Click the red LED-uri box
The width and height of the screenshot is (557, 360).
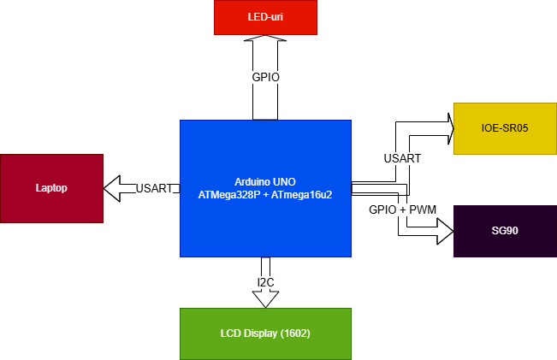(265, 17)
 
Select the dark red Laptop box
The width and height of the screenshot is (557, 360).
(51, 188)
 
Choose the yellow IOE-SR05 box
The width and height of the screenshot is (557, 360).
(505, 128)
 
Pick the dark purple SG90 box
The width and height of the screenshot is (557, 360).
(505, 232)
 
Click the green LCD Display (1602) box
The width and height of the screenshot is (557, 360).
(265, 333)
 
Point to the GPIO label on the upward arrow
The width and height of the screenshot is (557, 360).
(265, 77)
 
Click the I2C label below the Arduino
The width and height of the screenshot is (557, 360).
(265, 282)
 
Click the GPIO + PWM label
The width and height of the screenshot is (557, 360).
(402, 210)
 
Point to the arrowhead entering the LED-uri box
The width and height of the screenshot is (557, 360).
(265, 41)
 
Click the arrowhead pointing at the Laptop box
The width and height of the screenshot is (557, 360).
(112, 187)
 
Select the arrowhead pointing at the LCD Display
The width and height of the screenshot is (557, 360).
(265, 299)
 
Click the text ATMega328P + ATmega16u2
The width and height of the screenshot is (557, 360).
(265, 194)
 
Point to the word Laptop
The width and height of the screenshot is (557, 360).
(51, 188)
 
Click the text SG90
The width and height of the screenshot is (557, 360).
(505, 232)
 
